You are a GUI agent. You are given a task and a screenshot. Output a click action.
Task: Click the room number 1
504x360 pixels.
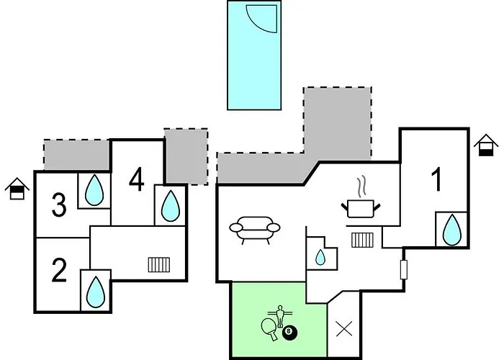pyautogui.click(x=437, y=180)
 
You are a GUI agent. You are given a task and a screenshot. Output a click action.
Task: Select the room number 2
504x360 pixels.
pyautogui.click(x=59, y=270)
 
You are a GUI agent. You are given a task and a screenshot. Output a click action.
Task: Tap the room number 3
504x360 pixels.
pyautogui.click(x=59, y=204)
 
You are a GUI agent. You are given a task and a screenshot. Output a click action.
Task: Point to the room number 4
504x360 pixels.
pyautogui.click(x=137, y=180)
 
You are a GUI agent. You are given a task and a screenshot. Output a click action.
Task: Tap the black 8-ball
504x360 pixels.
pyautogui.click(x=290, y=333)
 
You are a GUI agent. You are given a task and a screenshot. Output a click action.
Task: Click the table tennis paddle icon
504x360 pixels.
pyautogui.click(x=269, y=329)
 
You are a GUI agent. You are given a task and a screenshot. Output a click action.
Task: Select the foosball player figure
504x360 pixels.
pyautogui.click(x=280, y=315)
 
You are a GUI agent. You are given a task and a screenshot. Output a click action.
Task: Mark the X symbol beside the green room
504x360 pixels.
pyautogui.click(x=344, y=329)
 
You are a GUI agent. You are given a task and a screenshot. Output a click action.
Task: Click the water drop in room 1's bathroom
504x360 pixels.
pyautogui.click(x=452, y=230)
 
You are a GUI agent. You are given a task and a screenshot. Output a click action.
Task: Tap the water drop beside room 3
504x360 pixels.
pyautogui.click(x=94, y=190)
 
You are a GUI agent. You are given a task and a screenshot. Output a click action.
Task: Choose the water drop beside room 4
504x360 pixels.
pyautogui.click(x=170, y=206)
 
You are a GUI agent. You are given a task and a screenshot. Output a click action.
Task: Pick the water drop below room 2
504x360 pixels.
pyautogui.click(x=96, y=292)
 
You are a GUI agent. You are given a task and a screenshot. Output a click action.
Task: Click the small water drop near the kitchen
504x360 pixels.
pyautogui.click(x=320, y=257)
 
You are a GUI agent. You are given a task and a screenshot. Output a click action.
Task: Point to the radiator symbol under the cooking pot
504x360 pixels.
pyautogui.click(x=363, y=240)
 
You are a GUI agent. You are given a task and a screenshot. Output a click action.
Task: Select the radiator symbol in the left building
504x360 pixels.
pyautogui.click(x=159, y=264)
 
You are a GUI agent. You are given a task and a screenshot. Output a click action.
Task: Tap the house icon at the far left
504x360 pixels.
pyautogui.click(x=17, y=189)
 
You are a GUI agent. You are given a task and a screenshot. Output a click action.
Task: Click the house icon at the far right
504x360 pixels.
pyautogui.click(x=486, y=145)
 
